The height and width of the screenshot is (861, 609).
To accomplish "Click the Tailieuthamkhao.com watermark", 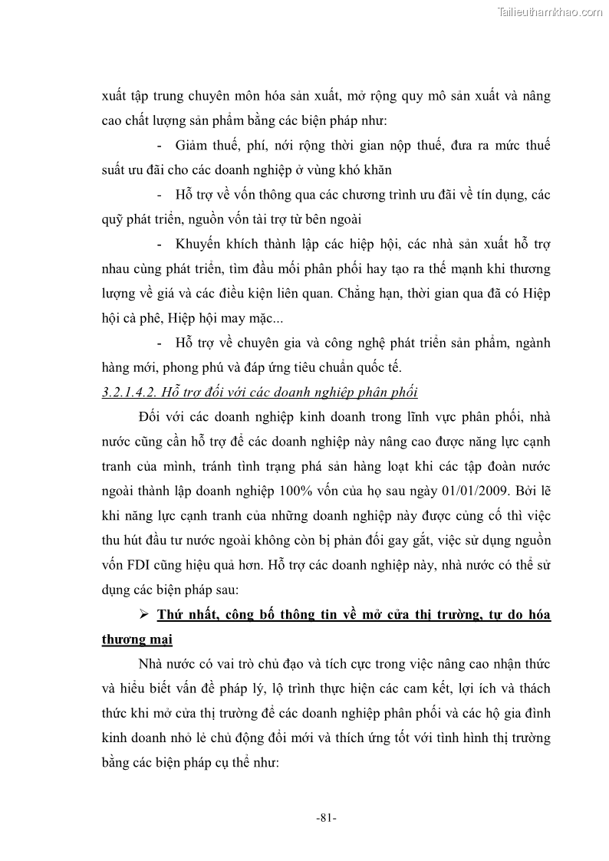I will pyautogui.click(x=551, y=12).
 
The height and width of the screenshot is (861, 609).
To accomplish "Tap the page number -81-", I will pyautogui.click(x=326, y=818).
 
